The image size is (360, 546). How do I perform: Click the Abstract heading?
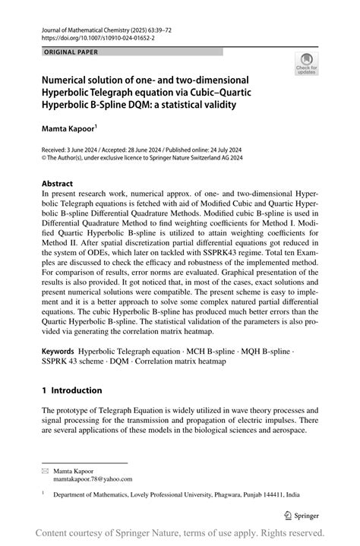click(58, 184)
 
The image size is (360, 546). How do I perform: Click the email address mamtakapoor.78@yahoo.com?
click(93, 479)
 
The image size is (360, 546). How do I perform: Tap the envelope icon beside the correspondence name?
click(44, 471)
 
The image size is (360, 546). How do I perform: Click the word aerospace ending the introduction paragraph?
click(263, 431)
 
